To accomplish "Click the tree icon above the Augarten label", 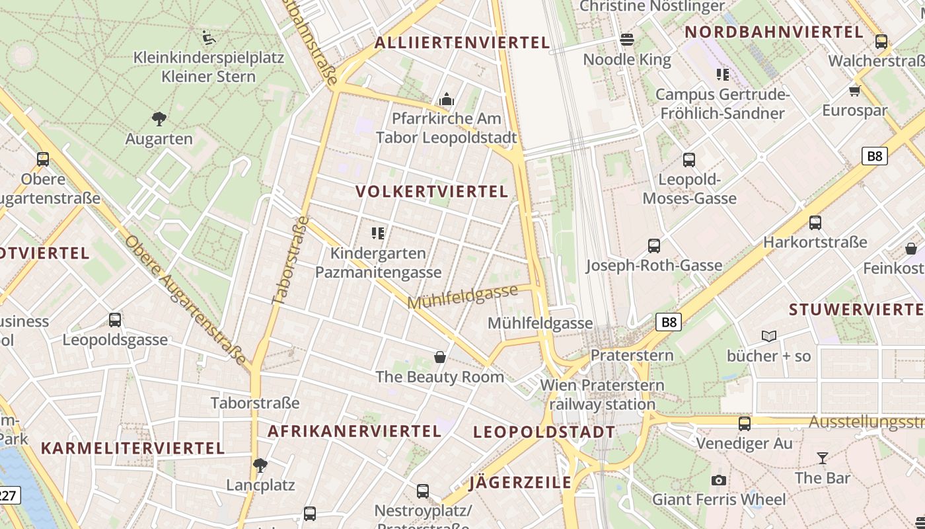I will [159, 119].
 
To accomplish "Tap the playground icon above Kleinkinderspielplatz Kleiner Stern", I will [209, 37].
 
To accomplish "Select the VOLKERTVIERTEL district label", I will [432, 192].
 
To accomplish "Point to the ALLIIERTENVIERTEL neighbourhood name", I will [462, 43].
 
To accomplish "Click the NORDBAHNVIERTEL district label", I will [774, 32].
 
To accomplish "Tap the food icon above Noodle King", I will [627, 40].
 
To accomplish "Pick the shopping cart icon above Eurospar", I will [855, 90].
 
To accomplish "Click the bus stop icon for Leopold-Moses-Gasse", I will [689, 159].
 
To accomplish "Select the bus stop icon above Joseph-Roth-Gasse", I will [654, 246].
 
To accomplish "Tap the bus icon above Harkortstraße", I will [815, 223].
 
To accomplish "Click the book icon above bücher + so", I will [769, 337].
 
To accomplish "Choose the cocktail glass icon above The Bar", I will [823, 458].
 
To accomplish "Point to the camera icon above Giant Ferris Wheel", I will [719, 480].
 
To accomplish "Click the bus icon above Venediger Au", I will [745, 423].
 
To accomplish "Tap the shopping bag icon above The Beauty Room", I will [440, 358].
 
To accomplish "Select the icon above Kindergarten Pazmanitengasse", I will [378, 233].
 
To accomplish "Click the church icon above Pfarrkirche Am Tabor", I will [447, 100].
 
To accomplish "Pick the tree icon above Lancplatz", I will [260, 465].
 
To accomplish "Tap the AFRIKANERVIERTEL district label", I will [354, 431].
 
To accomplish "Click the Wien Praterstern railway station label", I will [602, 394].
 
